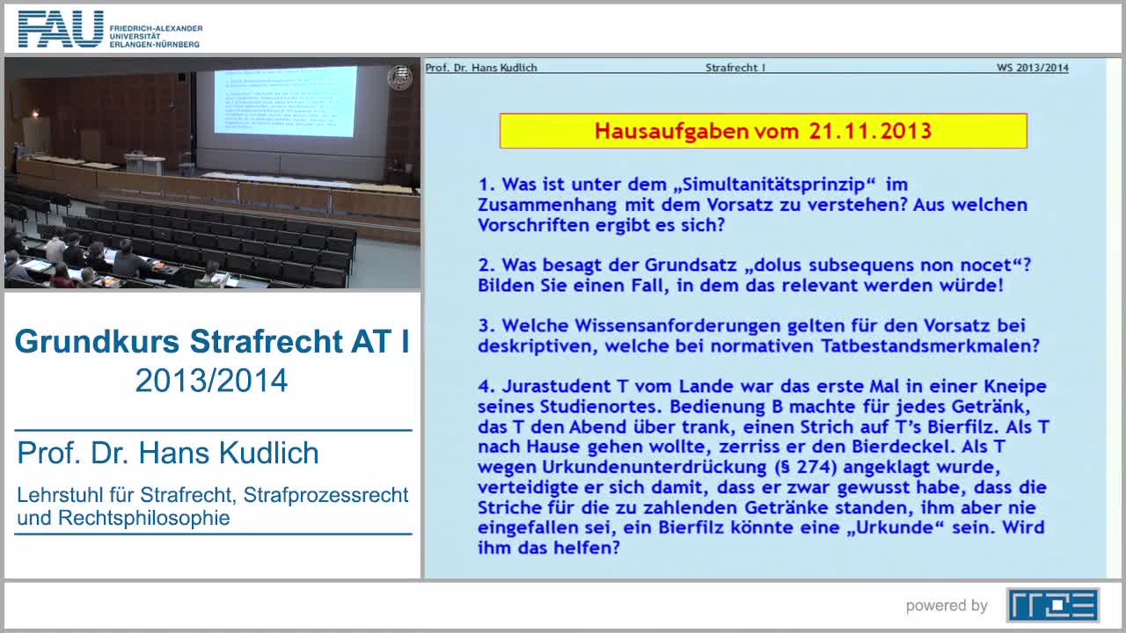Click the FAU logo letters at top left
[x=60, y=29]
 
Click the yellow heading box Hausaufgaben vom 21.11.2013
[x=763, y=131]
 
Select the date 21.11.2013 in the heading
[x=866, y=131]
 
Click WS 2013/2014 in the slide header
[x=1032, y=68]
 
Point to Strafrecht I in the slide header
[x=735, y=68]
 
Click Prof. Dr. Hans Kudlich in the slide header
[x=481, y=68]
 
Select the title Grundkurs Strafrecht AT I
[x=212, y=342]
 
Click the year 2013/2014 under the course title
[x=212, y=381]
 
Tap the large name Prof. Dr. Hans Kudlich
[x=168, y=454]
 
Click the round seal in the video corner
[x=399, y=77]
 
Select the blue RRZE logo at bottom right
[x=1052, y=605]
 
